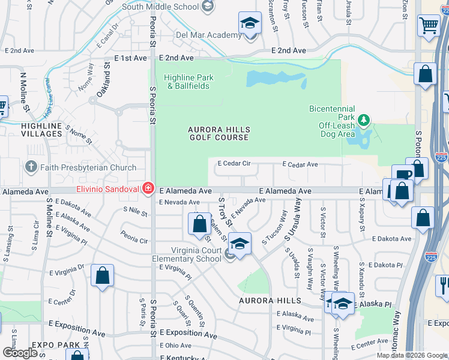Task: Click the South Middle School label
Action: (160, 7)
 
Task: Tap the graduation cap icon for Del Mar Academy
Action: (250, 23)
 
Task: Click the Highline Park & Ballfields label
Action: (188, 82)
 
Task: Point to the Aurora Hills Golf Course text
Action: (218, 133)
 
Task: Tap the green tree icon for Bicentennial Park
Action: (363, 120)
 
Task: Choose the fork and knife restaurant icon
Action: (444, 283)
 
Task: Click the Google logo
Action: (20, 353)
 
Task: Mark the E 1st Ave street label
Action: (130, 58)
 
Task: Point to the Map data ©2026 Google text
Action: (411, 355)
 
